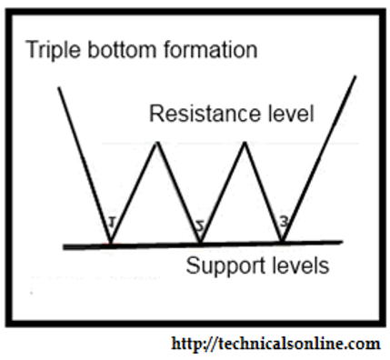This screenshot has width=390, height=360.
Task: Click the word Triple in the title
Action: click(x=54, y=51)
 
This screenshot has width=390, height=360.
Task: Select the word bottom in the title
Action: click(x=122, y=49)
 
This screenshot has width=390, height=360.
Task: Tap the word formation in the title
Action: click(x=211, y=49)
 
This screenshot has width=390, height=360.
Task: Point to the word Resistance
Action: click(x=205, y=114)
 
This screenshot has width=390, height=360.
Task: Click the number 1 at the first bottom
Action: click(x=112, y=223)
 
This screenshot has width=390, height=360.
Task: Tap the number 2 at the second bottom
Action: click(x=200, y=226)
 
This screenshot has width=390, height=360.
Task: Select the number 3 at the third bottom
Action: click(x=284, y=223)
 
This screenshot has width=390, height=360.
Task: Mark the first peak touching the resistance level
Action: click(x=157, y=143)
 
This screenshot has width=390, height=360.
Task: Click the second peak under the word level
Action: click(x=245, y=143)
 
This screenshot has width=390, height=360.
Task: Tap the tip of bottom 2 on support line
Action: click(x=200, y=243)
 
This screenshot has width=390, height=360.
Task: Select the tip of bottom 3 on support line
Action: click(x=282, y=242)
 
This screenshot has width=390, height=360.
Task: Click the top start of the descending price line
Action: click(x=59, y=87)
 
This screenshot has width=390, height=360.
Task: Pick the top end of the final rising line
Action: click(x=355, y=76)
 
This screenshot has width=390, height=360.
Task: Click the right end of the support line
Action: click(x=342, y=242)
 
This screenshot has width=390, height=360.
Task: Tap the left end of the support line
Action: click(x=64, y=247)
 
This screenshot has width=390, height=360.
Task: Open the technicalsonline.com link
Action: click(x=275, y=344)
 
